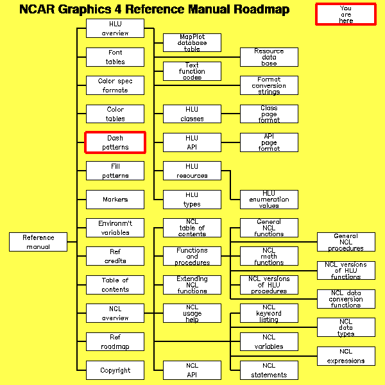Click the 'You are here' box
coord(346,14)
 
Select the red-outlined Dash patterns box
coord(116,142)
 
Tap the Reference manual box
coord(38,242)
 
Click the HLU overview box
coord(116,29)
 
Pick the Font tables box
coord(116,57)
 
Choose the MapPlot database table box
coord(192,42)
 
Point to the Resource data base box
coord(269,57)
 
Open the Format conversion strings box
coord(269,85)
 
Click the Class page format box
coord(269,114)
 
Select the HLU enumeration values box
coord(269,199)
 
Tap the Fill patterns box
coord(116,171)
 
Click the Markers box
coord(116,200)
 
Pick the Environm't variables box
coord(116,228)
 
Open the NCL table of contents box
coord(192,228)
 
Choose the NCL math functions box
coord(269,256)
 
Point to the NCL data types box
coord(346,327)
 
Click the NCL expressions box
coord(346,355)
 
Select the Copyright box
coord(116,370)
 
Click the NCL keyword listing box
coord(269,313)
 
